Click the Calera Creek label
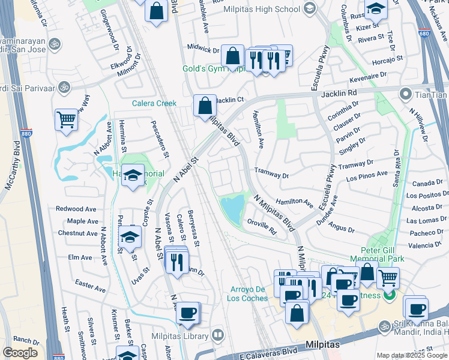point(154,103)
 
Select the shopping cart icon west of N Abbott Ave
point(66,119)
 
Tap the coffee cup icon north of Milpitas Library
point(188,313)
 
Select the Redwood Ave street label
point(76,209)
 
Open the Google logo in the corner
point(20,353)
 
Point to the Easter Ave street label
point(91,281)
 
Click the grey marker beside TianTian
point(406,94)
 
